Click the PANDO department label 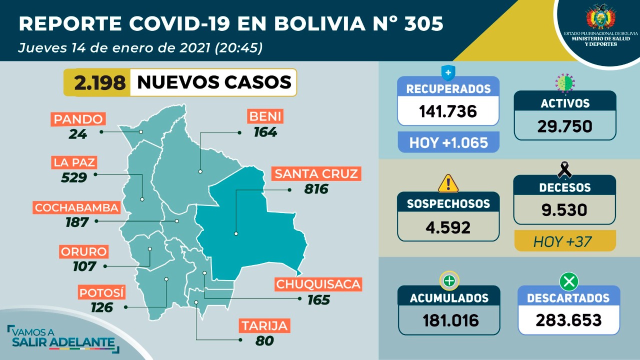pyautogui.click(x=79, y=119)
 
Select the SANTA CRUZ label pyautogui.click(x=316, y=174)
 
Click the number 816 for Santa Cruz pyautogui.click(x=316, y=189)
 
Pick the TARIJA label pyautogui.click(x=264, y=326)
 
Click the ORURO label pyautogui.click(x=83, y=251)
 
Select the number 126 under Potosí pyautogui.click(x=102, y=307)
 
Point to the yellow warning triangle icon pyautogui.click(x=448, y=183)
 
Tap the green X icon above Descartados pyautogui.click(x=568, y=282)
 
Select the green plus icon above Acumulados pyautogui.click(x=448, y=281)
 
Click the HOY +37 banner pyautogui.click(x=564, y=242)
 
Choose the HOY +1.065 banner pyautogui.click(x=448, y=142)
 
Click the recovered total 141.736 pyautogui.click(x=448, y=111)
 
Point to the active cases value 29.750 pyautogui.click(x=565, y=125)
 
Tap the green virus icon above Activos pyautogui.click(x=565, y=82)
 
